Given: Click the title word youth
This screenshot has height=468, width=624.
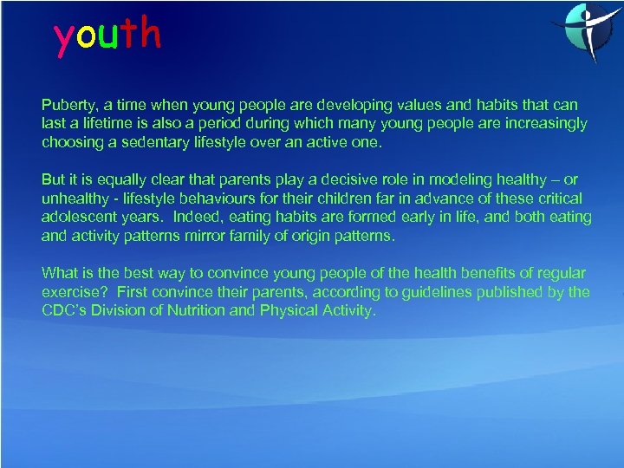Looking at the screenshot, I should [107, 36].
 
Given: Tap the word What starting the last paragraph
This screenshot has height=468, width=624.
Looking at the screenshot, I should [60, 273].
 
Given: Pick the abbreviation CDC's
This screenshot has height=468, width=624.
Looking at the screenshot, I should [66, 311].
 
